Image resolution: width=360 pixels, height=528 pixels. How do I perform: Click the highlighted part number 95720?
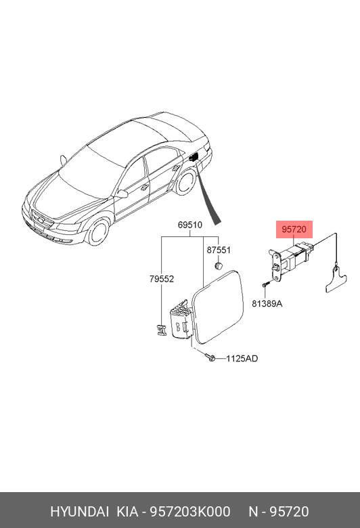click(x=294, y=229)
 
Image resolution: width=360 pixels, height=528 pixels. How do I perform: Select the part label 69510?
click(x=190, y=225)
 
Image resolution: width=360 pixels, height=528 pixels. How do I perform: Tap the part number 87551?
click(x=219, y=250)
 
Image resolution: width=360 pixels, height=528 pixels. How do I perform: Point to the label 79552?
click(x=162, y=279)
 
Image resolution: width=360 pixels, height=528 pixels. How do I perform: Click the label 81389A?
click(x=267, y=304)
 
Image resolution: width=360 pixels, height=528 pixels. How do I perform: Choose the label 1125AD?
click(x=242, y=359)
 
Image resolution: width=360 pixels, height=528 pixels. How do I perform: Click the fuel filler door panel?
click(x=217, y=307)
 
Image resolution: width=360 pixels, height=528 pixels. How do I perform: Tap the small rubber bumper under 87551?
click(x=218, y=265)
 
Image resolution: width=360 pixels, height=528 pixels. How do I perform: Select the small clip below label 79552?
click(x=161, y=330)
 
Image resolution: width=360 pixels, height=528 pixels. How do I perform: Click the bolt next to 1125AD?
click(x=210, y=357)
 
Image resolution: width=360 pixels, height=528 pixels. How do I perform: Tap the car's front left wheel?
click(x=98, y=232)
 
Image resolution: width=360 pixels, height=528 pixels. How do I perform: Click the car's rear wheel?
click(x=185, y=182)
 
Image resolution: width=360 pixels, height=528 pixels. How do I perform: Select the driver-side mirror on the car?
click(x=122, y=194)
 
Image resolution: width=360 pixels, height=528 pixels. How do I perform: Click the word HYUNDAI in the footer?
click(x=79, y=512)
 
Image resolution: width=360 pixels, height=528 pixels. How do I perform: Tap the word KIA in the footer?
click(x=127, y=512)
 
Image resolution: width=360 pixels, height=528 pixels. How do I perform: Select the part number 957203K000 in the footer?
click(x=190, y=512)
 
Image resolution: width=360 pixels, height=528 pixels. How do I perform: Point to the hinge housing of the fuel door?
click(x=182, y=320)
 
